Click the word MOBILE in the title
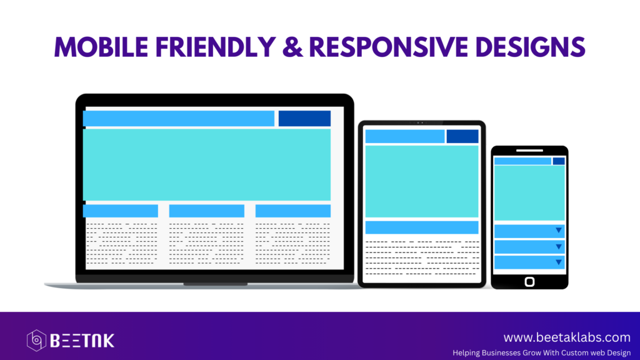102,47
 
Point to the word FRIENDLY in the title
216,47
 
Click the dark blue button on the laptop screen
304,118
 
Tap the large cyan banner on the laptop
207,164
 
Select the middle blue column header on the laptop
206,211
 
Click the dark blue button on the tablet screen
462,136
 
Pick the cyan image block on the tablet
422,181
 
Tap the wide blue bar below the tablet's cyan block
422,227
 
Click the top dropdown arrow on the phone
559,231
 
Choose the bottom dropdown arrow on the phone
559,262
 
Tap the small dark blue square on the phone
559,161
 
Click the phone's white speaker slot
529,150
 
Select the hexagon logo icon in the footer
36,341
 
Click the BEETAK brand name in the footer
82,341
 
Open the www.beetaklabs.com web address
567,337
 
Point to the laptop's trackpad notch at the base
215,284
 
